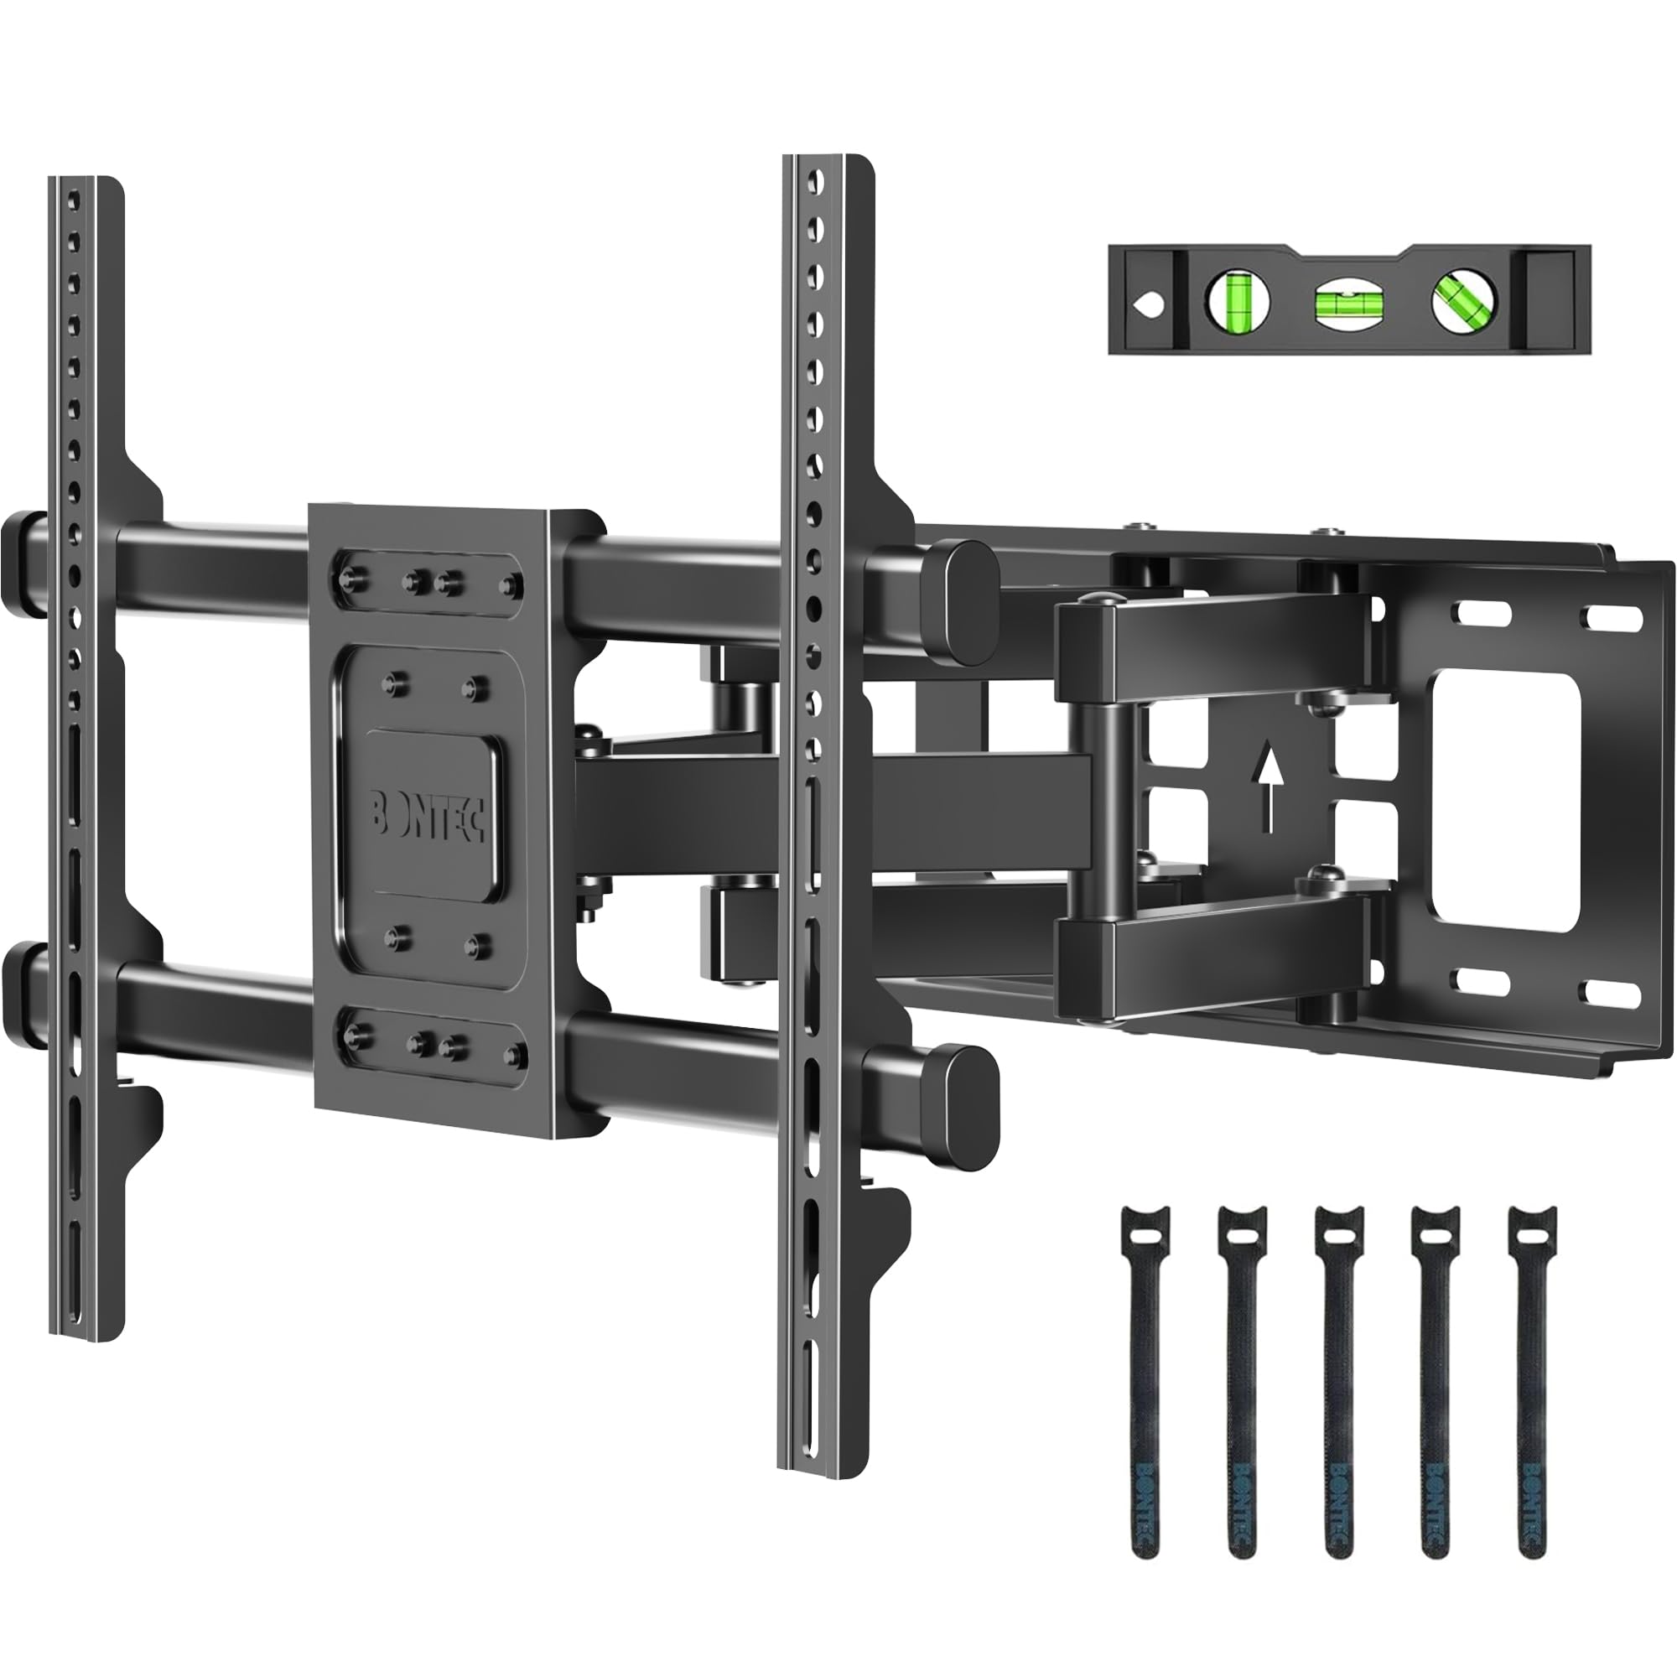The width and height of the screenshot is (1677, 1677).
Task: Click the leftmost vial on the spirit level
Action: tap(1238, 303)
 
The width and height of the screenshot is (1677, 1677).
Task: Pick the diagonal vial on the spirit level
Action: tap(1464, 304)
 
